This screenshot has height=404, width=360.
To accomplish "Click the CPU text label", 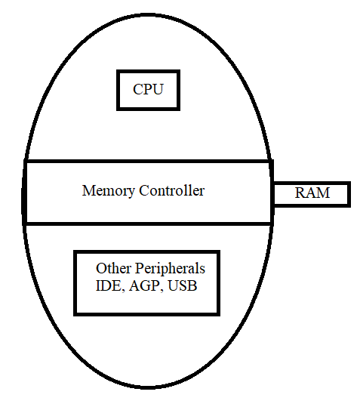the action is (x=148, y=89).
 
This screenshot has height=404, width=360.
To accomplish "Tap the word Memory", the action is (x=109, y=191).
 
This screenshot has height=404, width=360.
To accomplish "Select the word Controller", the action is (x=172, y=190).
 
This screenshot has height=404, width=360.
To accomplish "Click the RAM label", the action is (x=312, y=193).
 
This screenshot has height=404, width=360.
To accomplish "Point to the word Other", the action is (x=113, y=268).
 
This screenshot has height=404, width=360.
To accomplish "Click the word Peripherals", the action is (x=170, y=269).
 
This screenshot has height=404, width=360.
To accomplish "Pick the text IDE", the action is (x=108, y=285).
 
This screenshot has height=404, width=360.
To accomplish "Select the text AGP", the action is (x=145, y=285).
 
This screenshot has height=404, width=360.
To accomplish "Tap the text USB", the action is (x=183, y=285).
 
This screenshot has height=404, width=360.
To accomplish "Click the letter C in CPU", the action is (x=138, y=89).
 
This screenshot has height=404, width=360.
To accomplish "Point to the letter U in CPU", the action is (x=158, y=89).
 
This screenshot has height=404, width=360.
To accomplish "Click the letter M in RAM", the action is (x=323, y=193).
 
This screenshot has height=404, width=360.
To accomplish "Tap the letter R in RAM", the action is (x=300, y=193).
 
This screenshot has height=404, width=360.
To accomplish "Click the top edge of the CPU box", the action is (x=148, y=72).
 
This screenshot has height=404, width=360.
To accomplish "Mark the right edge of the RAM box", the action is (x=349, y=194).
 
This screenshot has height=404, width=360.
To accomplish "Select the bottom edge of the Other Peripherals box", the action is (x=146, y=314).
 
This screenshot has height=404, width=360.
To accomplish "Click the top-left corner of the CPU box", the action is (x=118, y=71).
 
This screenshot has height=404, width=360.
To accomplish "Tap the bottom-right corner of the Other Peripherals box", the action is (x=218, y=314).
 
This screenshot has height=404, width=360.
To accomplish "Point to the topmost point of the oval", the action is (x=147, y=15).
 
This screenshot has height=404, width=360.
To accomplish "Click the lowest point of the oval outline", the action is (x=147, y=387).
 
